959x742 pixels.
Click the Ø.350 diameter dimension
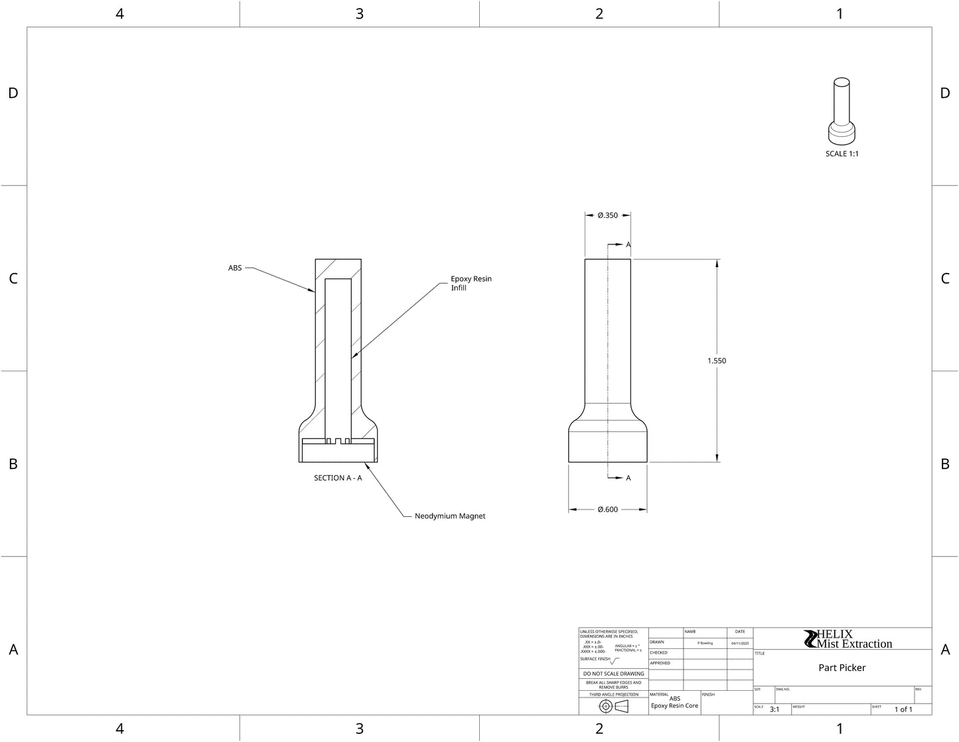607,215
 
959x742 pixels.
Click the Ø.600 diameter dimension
607,510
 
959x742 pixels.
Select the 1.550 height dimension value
717,361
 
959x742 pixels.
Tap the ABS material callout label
235,268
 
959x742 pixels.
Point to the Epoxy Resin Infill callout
471,283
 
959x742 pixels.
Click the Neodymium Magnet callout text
450,516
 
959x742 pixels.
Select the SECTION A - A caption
338,478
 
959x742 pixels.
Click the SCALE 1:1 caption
842,153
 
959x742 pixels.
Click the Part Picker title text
842,668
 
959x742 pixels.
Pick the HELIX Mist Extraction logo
848,639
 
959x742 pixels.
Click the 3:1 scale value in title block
775,709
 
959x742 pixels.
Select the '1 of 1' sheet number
903,709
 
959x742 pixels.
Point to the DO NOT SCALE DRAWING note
613,674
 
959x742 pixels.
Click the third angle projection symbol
613,706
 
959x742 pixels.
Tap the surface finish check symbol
614,661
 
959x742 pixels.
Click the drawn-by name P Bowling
705,643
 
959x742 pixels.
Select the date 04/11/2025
740,643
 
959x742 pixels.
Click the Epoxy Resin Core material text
674,705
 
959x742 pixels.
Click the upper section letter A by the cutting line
628,244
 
